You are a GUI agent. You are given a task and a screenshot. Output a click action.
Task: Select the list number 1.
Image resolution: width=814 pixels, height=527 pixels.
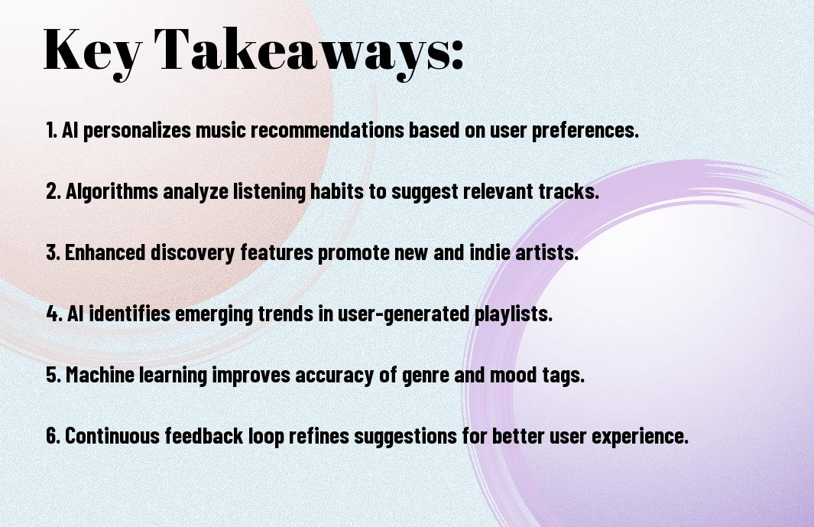tap(51, 130)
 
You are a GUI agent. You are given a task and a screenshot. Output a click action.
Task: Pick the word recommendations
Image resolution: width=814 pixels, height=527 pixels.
tap(327, 130)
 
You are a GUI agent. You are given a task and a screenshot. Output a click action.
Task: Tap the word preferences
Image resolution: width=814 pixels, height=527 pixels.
tap(585, 131)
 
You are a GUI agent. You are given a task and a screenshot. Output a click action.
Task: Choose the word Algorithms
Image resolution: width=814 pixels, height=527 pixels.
tap(112, 192)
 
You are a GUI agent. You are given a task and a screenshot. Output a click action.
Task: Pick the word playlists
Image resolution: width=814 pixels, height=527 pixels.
tap(514, 314)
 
